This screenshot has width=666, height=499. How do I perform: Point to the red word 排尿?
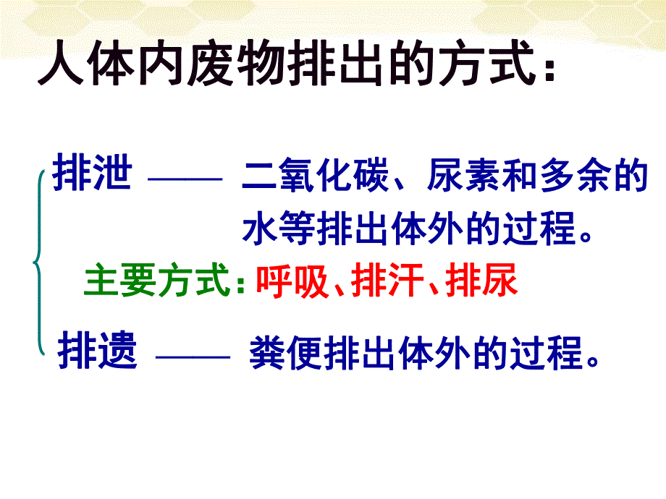click(x=483, y=281)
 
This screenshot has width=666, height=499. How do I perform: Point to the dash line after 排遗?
click(x=192, y=356)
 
